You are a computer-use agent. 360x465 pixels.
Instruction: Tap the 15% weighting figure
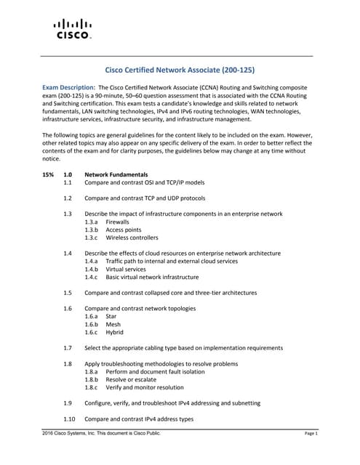48,175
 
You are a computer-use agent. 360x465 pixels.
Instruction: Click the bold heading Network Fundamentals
116,175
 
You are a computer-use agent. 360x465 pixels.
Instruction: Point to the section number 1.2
68,198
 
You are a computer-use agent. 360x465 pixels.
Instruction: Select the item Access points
124,230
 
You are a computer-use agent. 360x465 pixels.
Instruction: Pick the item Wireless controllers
132,238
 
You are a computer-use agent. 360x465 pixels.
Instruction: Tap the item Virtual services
125,269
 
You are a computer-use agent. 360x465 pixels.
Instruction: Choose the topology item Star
111,316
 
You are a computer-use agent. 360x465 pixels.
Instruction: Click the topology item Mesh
113,324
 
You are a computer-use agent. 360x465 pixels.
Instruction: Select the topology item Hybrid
114,332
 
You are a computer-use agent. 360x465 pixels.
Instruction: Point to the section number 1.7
68,348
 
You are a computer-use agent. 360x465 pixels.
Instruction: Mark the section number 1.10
70,419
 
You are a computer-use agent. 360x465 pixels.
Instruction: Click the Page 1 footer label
311,434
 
